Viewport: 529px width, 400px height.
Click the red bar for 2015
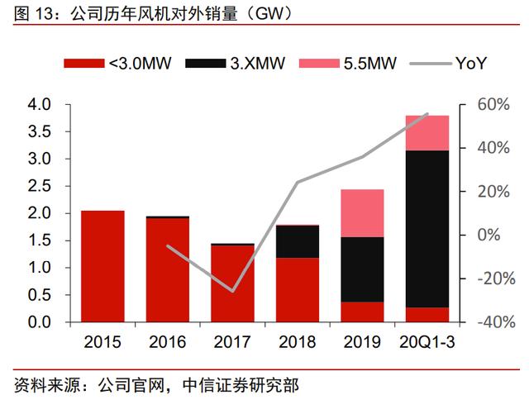[x=102, y=266]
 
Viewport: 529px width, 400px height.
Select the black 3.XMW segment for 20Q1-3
[x=427, y=229]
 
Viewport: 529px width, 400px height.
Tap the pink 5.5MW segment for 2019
[x=363, y=213]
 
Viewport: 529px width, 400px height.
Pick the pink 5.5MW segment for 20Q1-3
[x=427, y=133]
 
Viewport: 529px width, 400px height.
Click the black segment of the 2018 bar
[x=298, y=241]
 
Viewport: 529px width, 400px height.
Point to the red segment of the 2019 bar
[x=363, y=312]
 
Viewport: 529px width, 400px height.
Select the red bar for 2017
[x=232, y=283]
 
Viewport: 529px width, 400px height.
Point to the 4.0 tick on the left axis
[x=40, y=104]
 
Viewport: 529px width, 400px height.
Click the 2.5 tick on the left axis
[x=40, y=186]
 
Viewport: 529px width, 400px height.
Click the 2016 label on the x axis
[x=167, y=341]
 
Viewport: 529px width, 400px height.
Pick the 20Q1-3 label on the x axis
[x=427, y=341]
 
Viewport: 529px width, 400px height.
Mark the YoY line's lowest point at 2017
[x=232, y=291]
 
